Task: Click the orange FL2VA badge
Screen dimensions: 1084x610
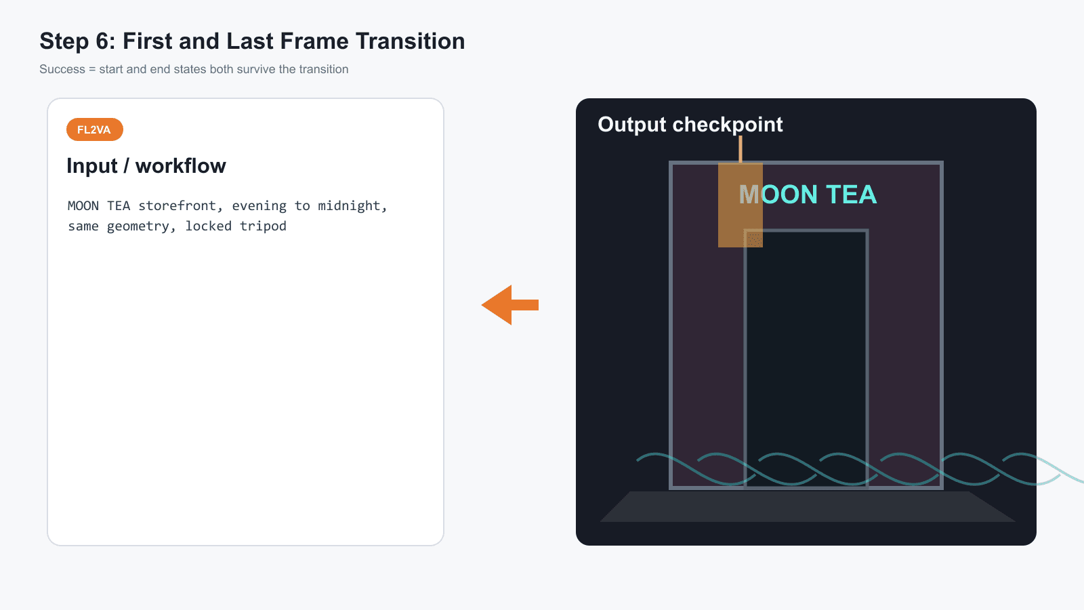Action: coord(95,129)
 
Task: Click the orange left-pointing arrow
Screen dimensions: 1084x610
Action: coord(510,305)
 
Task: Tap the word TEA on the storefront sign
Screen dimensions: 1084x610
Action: coord(851,195)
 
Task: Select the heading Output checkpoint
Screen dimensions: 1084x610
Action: coord(690,125)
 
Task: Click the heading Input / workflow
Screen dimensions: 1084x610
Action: coord(146,166)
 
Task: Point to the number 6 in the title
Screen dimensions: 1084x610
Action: coord(102,41)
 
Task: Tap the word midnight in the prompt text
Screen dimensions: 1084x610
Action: coord(352,206)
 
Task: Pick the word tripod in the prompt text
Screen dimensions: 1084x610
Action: coord(263,226)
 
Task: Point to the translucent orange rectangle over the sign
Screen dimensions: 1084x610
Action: coord(741,205)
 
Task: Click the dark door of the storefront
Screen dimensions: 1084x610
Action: coord(806,359)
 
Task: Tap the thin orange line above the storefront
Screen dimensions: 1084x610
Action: coord(741,149)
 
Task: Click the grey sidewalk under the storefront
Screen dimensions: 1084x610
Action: coord(807,506)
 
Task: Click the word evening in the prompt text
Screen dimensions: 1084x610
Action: coord(259,206)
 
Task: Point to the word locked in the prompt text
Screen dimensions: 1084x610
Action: coord(208,226)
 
